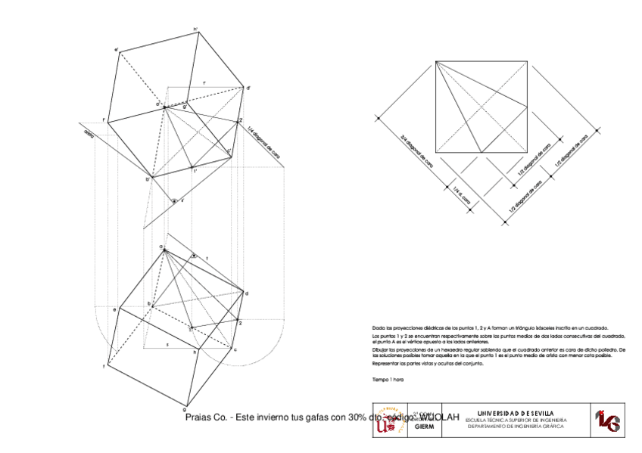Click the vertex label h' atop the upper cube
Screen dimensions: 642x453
click(195, 30)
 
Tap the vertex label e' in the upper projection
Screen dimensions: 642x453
click(116, 51)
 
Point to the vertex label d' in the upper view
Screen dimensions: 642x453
click(248, 88)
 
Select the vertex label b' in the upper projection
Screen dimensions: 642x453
click(148, 180)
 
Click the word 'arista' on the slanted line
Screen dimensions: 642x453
click(89, 134)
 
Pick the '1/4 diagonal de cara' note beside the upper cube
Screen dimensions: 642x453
click(258, 143)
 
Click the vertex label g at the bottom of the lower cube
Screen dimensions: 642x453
click(184, 402)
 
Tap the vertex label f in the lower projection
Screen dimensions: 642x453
click(104, 367)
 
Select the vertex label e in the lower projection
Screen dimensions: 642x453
click(114, 309)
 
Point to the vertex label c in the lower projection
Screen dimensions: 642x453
click(235, 349)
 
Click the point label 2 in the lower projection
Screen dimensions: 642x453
click(240, 323)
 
